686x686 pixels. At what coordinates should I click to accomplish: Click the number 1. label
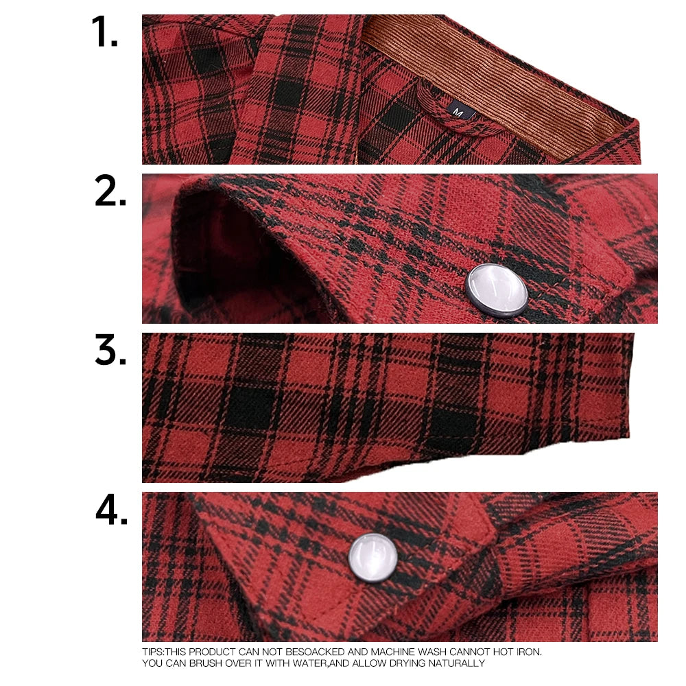click(x=104, y=32)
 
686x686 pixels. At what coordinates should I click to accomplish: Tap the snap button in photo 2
click(x=497, y=290)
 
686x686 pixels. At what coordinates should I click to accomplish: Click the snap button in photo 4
click(x=373, y=557)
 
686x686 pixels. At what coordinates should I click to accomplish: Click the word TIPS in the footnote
click(x=152, y=652)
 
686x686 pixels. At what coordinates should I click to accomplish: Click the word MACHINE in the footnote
click(x=395, y=652)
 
